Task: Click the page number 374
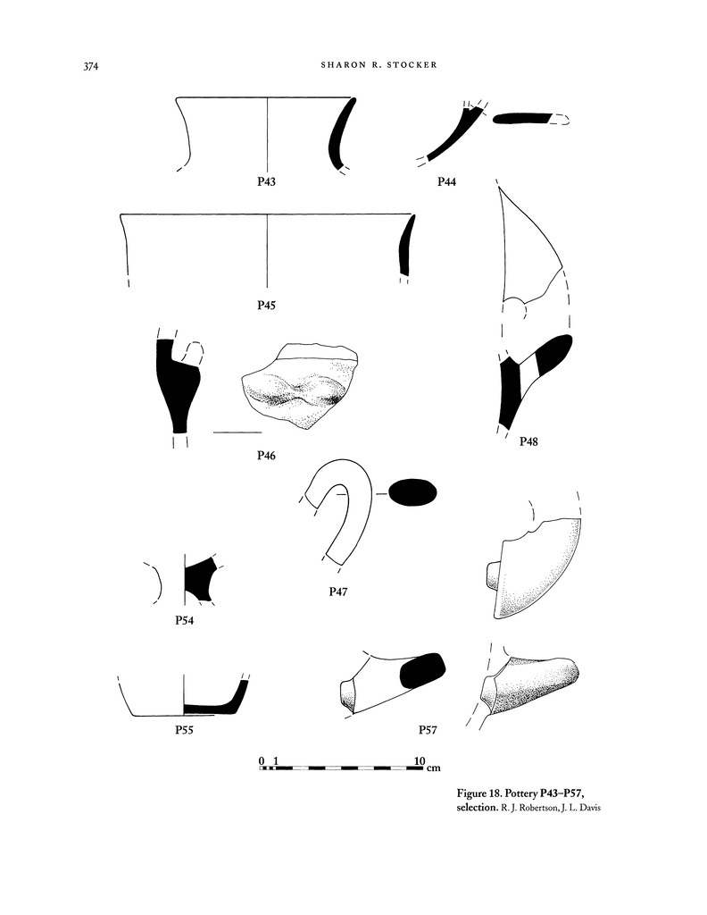point(91,66)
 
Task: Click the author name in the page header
point(378,64)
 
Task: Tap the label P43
point(266,181)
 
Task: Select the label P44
point(446,181)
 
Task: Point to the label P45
point(266,305)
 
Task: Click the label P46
point(266,455)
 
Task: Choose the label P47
point(337,592)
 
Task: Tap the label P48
point(528,441)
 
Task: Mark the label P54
point(184,620)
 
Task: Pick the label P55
point(184,730)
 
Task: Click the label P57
point(428,730)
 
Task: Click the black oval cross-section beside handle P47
point(412,493)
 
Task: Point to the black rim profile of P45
point(405,245)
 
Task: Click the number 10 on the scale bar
point(420,761)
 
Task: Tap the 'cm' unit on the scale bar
point(433,768)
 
